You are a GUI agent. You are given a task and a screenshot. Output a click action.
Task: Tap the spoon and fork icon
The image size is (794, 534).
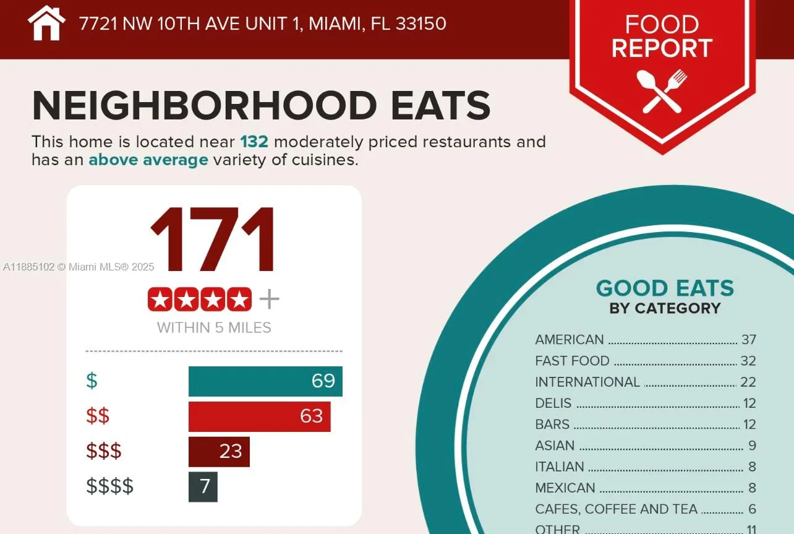662,91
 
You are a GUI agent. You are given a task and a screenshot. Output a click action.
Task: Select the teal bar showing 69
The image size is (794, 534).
265,381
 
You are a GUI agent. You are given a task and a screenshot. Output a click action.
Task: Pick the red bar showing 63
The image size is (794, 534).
259,416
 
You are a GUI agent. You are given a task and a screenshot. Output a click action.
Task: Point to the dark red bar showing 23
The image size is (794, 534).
219,452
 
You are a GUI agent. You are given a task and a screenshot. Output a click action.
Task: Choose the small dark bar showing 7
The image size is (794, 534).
203,487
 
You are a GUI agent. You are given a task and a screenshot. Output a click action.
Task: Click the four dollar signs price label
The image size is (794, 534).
109,486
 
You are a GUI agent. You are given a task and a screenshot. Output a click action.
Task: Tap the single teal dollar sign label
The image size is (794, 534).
92,381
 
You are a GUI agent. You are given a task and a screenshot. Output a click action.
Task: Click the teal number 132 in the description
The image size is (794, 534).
254,142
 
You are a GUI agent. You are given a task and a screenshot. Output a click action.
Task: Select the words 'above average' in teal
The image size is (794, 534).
148,160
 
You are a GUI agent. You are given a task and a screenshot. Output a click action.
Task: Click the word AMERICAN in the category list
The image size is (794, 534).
569,340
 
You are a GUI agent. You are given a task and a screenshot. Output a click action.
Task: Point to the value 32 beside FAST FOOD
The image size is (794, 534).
748,361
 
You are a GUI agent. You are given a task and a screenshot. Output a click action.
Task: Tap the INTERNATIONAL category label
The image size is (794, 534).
587,382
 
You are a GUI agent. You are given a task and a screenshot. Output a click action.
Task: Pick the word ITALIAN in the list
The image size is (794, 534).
559,467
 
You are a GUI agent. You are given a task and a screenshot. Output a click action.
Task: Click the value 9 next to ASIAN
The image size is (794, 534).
752,446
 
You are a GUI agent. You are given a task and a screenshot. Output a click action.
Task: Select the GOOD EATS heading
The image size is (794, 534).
665,288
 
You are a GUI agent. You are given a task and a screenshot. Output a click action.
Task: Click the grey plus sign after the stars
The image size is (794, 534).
269,299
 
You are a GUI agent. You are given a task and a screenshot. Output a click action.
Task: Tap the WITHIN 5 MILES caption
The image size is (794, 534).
214,328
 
